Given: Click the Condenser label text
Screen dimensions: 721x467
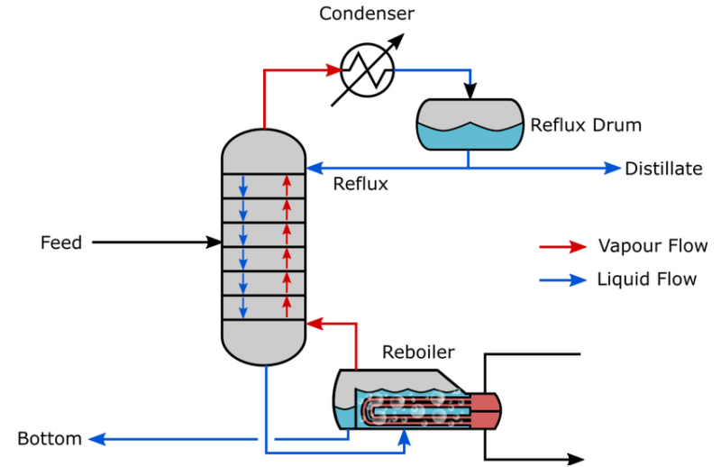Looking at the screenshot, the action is (367, 14).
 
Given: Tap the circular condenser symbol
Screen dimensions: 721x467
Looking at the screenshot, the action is (367, 70).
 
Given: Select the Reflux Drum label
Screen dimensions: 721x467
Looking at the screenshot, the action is (586, 124).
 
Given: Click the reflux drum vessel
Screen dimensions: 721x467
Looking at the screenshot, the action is (470, 124).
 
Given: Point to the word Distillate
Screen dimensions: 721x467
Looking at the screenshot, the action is (663, 169).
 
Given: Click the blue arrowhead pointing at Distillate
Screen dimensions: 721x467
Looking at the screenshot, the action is (612, 168).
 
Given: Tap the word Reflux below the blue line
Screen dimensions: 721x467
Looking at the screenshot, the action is (360, 184).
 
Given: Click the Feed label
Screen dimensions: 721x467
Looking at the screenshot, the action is (61, 243).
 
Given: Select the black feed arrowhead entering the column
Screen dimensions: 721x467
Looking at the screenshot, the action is (214, 242).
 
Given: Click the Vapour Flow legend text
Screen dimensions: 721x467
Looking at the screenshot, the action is (653, 246).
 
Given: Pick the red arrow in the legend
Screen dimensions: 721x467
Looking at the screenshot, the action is (562, 247).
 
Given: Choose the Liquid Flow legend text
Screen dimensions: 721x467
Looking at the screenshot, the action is (646, 279).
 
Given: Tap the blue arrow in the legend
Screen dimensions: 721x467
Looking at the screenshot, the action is (562, 279).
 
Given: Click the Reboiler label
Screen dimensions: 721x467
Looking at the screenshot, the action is (418, 352).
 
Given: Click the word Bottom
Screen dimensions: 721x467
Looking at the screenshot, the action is (50, 438).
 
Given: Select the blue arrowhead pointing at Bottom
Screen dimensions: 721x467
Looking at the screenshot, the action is (97, 439).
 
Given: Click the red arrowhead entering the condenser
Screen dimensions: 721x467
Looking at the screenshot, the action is (333, 70).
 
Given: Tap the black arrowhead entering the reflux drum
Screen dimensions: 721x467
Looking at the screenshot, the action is (470, 91).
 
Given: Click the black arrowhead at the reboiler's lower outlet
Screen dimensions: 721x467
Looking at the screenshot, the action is (576, 459).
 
